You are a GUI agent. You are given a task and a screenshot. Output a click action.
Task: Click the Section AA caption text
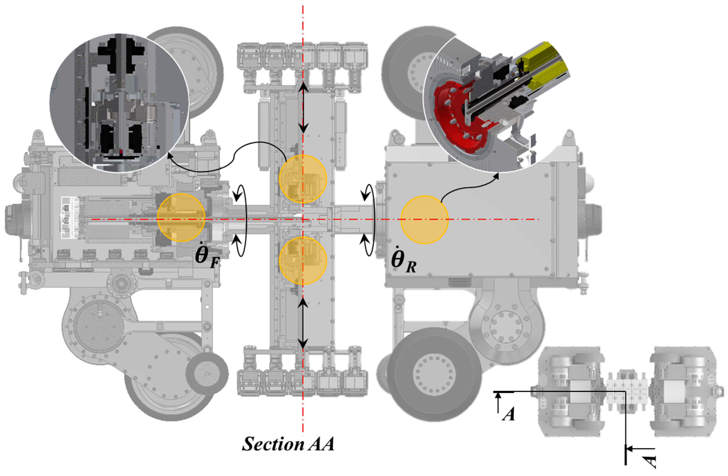(x=288, y=444)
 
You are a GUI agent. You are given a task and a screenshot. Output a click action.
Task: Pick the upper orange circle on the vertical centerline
(x=303, y=179)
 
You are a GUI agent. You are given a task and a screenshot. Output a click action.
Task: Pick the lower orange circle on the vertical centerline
(x=303, y=260)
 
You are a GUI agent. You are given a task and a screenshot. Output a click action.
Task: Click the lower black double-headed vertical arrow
(x=303, y=324)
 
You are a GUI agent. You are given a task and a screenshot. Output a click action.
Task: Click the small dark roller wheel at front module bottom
(x=207, y=374)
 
